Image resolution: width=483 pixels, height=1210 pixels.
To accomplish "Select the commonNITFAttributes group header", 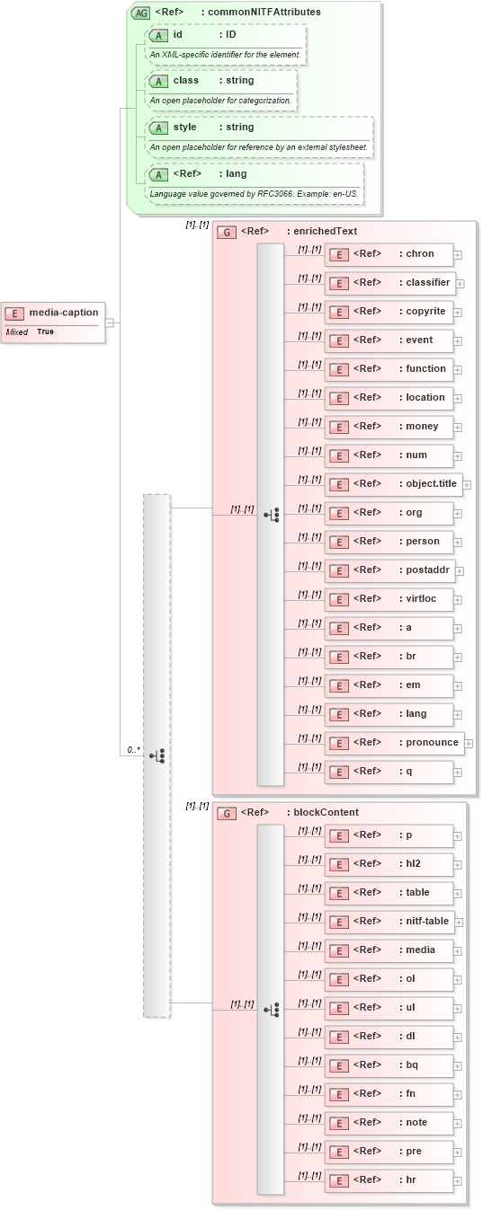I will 237,12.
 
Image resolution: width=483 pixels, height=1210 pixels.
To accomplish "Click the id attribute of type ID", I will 225,35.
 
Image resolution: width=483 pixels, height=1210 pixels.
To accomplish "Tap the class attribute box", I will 220,81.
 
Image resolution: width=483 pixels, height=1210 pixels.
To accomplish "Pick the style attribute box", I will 260,128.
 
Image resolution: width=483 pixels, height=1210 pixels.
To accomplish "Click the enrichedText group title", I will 321,231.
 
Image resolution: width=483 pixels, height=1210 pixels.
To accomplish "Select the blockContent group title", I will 322,812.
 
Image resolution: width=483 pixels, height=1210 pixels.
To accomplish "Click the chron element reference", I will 389,254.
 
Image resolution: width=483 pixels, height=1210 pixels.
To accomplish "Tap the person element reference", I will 389,542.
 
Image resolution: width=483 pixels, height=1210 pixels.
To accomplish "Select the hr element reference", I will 389,1180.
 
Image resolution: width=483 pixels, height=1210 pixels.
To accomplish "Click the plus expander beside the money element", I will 458,428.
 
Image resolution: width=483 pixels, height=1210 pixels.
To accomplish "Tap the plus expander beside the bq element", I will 458,1066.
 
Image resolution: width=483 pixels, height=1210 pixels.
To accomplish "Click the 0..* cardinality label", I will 133,748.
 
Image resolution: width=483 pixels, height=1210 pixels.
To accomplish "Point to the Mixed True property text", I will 31,332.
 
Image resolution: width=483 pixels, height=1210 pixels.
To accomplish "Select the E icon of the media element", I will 339,951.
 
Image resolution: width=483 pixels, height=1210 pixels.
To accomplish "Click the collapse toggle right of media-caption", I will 109,322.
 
